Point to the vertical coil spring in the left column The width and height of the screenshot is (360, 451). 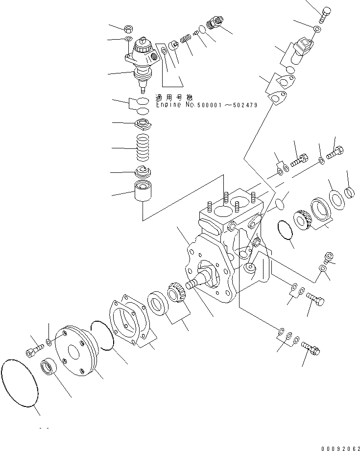144,148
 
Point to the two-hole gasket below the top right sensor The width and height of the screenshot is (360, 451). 281,91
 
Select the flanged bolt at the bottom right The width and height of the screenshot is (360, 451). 310,348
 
